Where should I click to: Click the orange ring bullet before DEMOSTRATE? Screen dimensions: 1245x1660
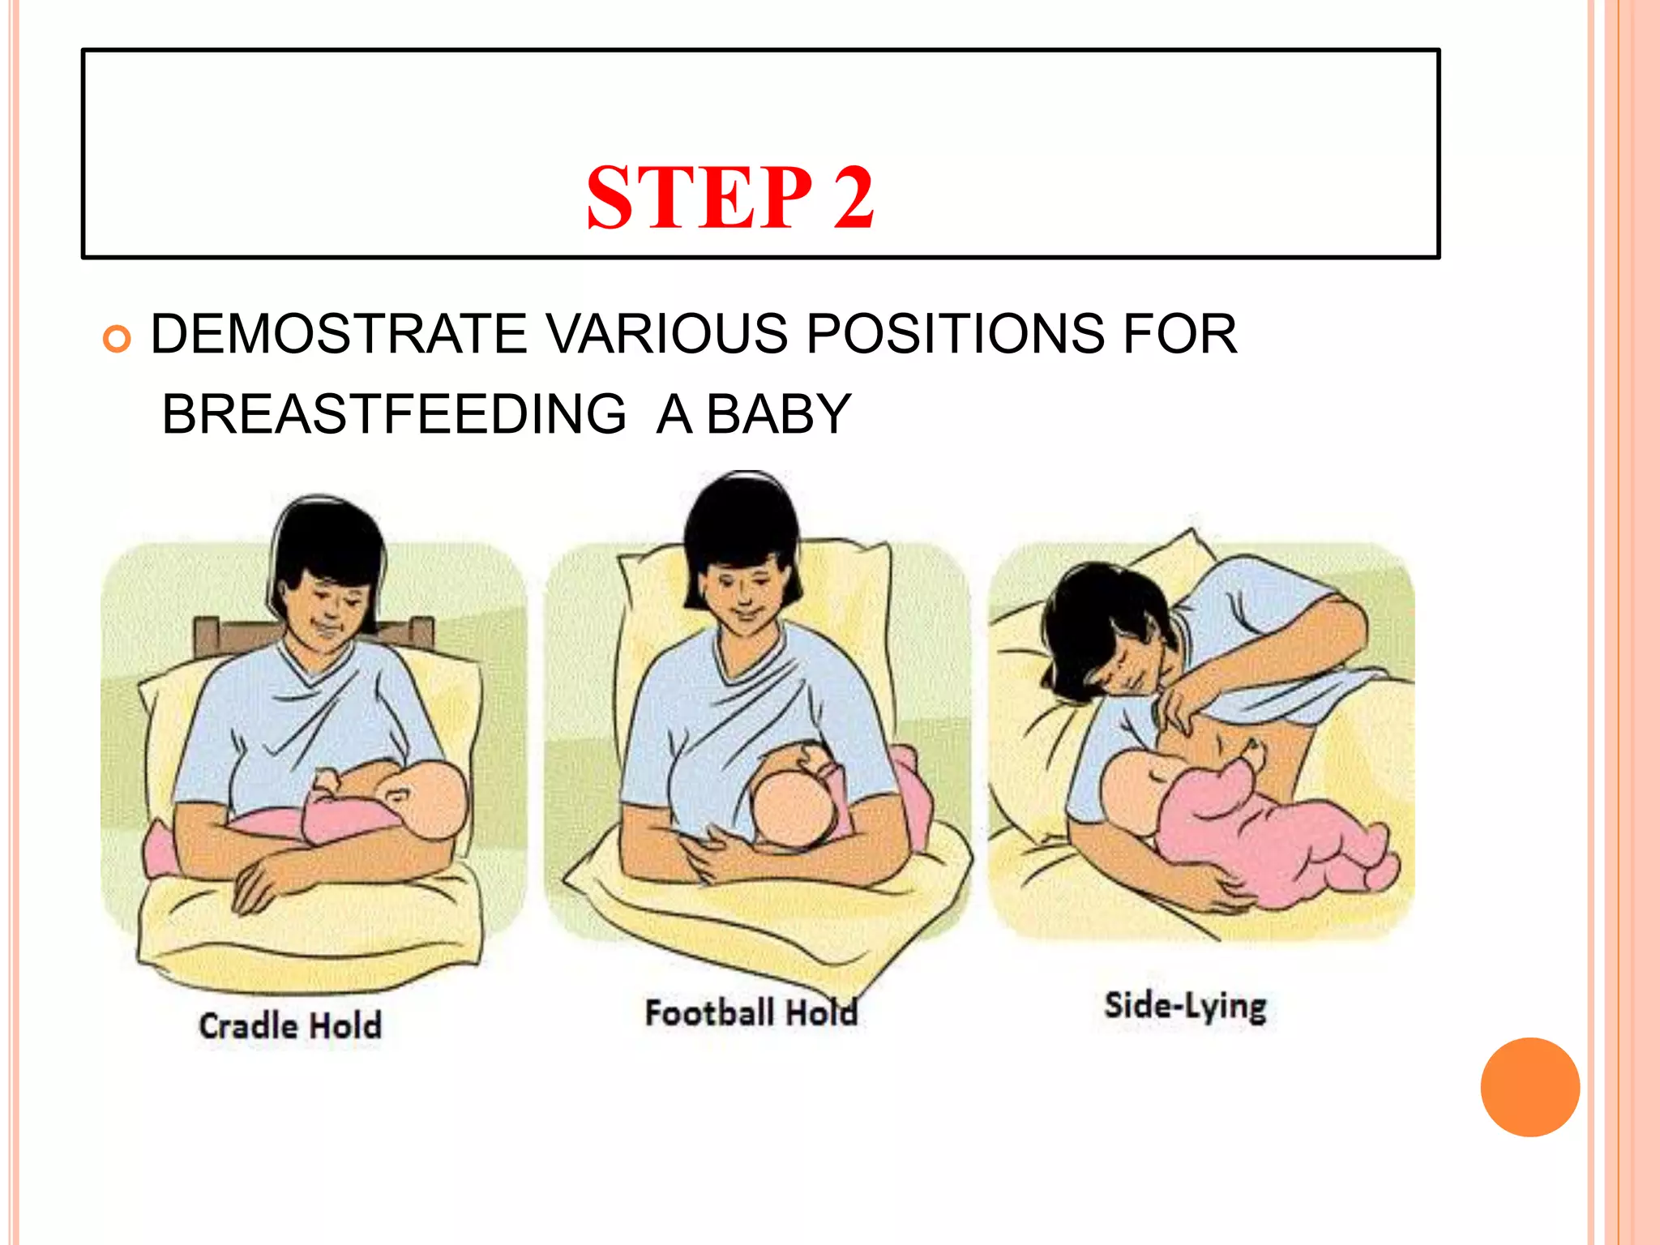click(x=117, y=338)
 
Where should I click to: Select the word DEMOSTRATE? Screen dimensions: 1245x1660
click(x=339, y=334)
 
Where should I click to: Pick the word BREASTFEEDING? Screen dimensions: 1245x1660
click(x=394, y=414)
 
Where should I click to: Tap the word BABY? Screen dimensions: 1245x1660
click(x=778, y=414)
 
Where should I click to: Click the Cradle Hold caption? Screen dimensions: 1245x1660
click(x=290, y=1026)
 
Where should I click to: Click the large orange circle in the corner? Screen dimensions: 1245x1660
click(x=1530, y=1087)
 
